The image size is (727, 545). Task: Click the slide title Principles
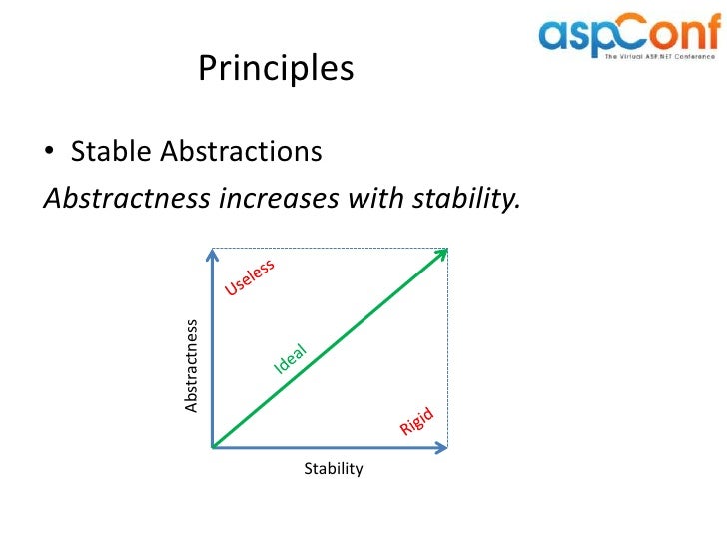(276, 68)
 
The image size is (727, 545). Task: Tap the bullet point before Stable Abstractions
(50, 153)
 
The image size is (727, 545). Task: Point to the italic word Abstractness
(121, 199)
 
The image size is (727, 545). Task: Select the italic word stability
(464, 199)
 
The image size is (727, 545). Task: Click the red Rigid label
(418, 423)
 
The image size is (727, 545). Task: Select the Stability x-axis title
(333, 469)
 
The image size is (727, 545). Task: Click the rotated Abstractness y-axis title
(191, 365)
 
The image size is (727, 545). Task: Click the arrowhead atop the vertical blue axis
(213, 254)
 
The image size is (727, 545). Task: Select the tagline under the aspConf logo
(660, 57)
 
